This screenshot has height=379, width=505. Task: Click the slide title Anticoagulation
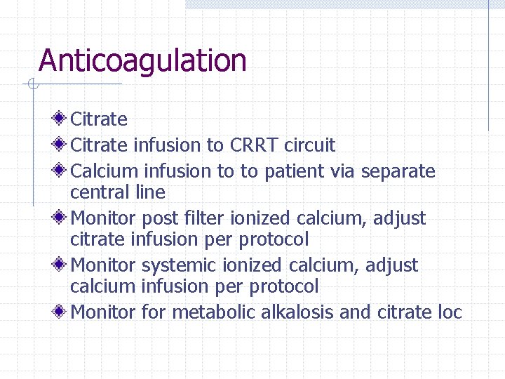click(x=142, y=61)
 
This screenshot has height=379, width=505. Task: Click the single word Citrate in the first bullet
click(x=99, y=119)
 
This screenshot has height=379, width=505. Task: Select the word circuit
click(x=310, y=145)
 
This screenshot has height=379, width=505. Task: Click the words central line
click(x=118, y=192)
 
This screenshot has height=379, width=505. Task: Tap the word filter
click(x=192, y=218)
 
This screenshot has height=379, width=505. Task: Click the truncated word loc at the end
click(x=449, y=312)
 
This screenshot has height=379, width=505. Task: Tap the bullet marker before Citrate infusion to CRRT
click(x=60, y=145)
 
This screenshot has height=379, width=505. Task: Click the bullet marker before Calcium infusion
click(x=60, y=171)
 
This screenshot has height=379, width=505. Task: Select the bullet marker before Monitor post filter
click(x=60, y=218)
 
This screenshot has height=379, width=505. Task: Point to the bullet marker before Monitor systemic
click(x=60, y=265)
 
